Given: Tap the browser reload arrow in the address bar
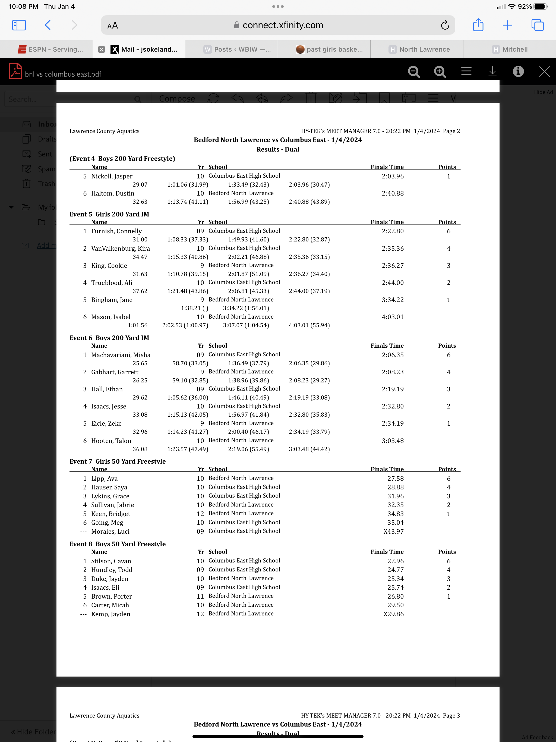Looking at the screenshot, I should (445, 25).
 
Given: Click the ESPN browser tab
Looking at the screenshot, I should (50, 49).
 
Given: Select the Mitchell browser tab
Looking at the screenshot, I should (510, 49).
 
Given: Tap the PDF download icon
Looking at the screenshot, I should (492, 71).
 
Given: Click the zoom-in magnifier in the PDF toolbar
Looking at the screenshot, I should (440, 71).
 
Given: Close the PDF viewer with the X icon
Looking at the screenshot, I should (544, 71).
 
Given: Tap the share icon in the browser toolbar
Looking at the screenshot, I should (478, 25).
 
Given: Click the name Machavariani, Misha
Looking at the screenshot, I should (121, 355).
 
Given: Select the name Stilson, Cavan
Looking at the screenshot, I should (111, 561).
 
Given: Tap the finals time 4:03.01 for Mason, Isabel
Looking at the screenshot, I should (392, 317).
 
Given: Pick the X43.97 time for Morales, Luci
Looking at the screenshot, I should (393, 531).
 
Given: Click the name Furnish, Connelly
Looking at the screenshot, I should (116, 231).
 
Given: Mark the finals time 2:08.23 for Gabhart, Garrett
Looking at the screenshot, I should (392, 372).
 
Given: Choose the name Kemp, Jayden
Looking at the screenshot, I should (111, 614).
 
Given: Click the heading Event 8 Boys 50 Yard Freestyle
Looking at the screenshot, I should (117, 544).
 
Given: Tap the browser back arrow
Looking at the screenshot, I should (48, 25).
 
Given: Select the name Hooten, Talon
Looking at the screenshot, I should (111, 441).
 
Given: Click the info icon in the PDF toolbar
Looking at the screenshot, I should (518, 71).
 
